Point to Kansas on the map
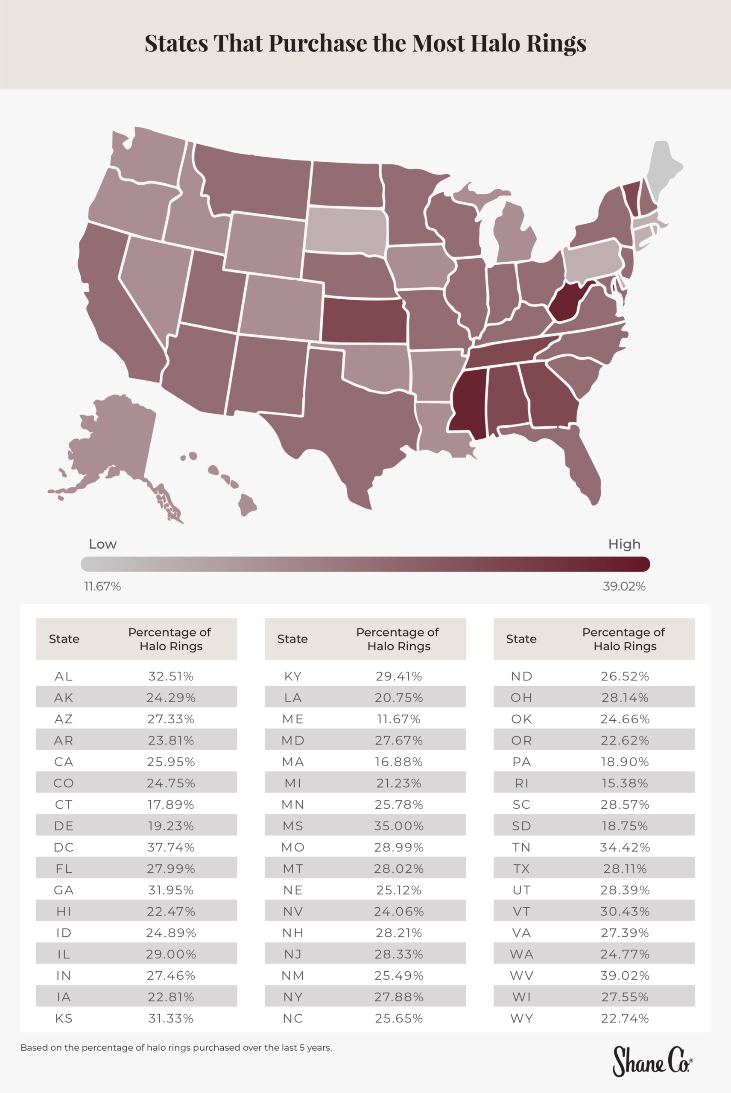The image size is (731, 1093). pos(364,321)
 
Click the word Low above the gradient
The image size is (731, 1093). pos(102,544)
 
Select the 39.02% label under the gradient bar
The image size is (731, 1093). pos(624,586)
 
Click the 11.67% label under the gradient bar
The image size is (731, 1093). pos(102,586)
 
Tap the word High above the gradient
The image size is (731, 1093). pos(624,544)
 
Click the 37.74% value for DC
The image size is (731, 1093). pos(171,848)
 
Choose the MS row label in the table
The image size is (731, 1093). pos(293,826)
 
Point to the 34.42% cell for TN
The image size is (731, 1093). pos(625,848)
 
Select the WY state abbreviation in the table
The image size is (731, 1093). pos(521,1018)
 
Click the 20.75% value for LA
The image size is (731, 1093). pos(399,698)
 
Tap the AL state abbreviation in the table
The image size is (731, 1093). pos(64,676)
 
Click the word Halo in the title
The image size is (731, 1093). pos(495,44)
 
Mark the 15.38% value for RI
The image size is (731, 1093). pos(625,783)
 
